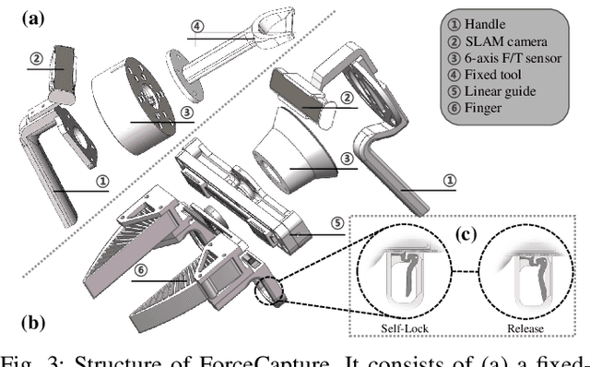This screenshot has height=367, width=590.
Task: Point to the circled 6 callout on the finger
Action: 139,268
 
